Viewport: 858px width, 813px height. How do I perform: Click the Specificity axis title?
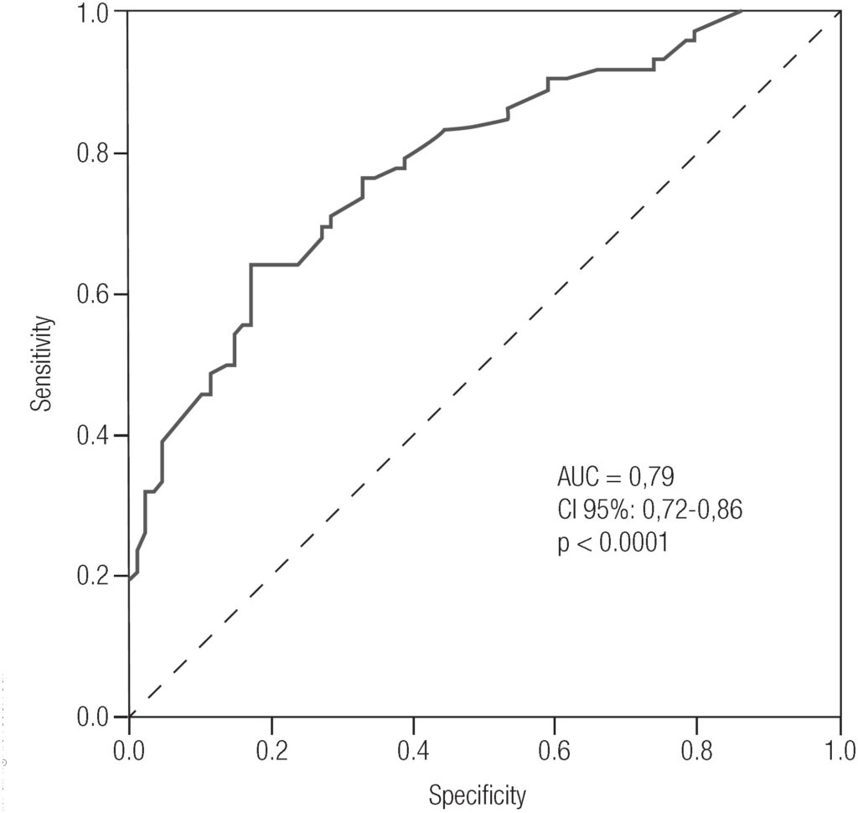click(478, 794)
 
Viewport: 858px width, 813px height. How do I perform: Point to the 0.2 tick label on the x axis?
click(271, 748)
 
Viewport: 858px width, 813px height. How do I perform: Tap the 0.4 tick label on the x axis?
click(414, 748)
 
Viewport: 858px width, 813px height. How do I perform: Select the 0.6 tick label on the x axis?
click(556, 748)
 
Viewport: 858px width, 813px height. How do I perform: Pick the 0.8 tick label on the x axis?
click(698, 748)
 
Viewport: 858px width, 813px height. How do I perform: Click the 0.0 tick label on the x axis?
click(129, 748)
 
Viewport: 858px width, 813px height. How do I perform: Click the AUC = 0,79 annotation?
click(616, 477)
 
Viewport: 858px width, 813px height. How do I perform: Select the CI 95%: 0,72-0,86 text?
click(649, 510)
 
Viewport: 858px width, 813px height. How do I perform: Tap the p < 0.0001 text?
click(612, 542)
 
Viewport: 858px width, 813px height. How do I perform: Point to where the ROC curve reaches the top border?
click(742, 12)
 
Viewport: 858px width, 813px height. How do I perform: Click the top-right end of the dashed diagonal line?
click(838, 13)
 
